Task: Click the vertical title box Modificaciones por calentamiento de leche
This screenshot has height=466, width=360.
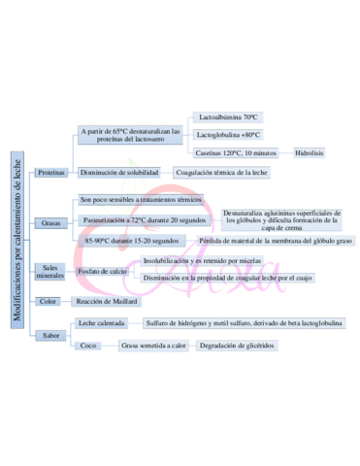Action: click(x=17, y=233)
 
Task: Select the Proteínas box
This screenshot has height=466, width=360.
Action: click(x=51, y=173)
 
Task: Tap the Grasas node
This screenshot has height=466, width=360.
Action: click(x=51, y=222)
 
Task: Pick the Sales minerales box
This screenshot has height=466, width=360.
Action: click(x=50, y=272)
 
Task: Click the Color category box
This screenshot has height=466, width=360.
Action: click(x=49, y=302)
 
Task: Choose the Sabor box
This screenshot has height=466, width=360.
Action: click(x=50, y=335)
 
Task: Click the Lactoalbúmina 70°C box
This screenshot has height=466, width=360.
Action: click(x=228, y=116)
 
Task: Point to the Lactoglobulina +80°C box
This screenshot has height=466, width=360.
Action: click(x=229, y=135)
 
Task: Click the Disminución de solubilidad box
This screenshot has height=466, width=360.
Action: click(x=119, y=172)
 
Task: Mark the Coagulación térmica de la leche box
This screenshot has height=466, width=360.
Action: click(x=221, y=172)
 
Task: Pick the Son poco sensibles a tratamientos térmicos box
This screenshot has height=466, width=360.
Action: click(x=142, y=199)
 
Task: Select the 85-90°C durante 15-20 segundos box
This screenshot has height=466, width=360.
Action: click(x=132, y=241)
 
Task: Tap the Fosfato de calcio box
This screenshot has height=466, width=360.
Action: click(x=103, y=271)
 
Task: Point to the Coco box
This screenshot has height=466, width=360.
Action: click(x=88, y=345)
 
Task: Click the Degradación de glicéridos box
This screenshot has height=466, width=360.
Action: click(x=238, y=345)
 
